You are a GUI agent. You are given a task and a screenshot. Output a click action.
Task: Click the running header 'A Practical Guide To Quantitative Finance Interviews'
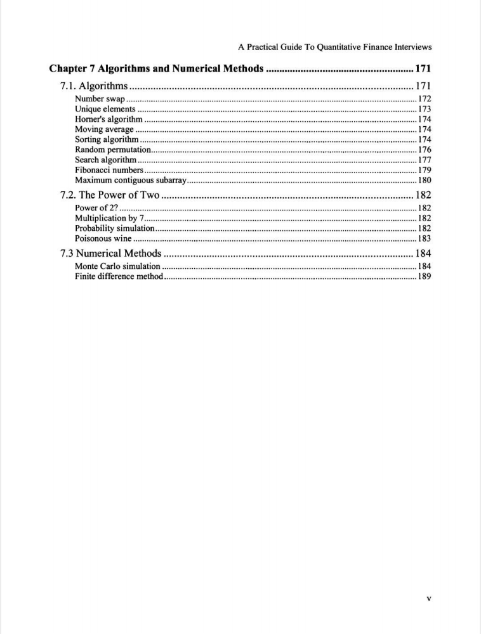click(335, 47)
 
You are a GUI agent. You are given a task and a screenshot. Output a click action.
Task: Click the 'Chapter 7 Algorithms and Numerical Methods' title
click(156, 68)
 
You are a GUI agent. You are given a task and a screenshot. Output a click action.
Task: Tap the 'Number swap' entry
click(100, 99)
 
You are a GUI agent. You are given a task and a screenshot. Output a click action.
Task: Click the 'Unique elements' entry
click(105, 109)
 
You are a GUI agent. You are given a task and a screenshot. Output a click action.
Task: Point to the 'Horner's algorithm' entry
click(109, 119)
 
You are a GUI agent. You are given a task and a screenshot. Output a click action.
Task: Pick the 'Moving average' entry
click(104, 129)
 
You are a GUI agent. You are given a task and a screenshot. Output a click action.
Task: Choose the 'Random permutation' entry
click(113, 150)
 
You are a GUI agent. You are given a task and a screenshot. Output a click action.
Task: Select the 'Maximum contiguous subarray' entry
click(129, 180)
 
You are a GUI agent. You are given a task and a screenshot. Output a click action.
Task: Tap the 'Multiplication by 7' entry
click(110, 218)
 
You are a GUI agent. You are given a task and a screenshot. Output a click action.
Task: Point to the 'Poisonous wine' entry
click(103, 238)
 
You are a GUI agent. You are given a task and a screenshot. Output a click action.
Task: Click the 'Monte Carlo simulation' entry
click(117, 266)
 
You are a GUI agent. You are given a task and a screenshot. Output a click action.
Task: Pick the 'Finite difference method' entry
click(119, 276)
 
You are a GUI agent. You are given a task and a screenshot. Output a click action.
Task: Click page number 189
click(425, 276)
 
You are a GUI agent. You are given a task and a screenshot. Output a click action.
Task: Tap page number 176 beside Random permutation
click(425, 150)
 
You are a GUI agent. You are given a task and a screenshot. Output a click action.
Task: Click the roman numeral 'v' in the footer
click(429, 598)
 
